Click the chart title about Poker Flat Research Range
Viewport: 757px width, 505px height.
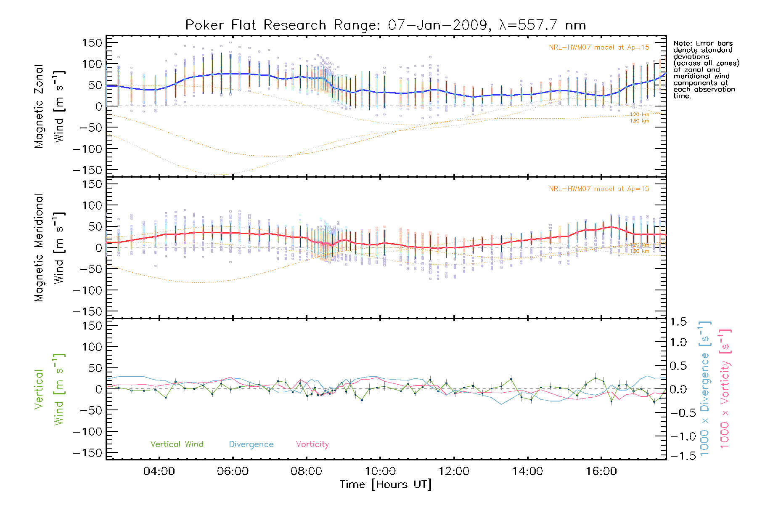tap(386, 25)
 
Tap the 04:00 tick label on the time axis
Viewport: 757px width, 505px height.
tap(159, 471)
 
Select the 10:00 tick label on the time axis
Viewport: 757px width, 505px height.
tap(380, 471)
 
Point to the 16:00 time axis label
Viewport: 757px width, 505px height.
tap(601, 471)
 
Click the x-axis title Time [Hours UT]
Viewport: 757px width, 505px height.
tap(386, 485)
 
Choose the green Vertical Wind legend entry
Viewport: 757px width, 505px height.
tap(177, 444)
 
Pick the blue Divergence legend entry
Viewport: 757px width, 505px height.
tap(251, 444)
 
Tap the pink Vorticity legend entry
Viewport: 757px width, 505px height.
tap(312, 444)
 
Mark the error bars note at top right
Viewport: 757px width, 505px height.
tap(706, 69)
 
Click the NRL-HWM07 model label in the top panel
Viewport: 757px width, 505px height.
tap(599, 48)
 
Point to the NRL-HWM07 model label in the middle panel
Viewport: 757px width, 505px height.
tap(599, 189)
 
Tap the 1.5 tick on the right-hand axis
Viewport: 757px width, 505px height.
tap(678, 322)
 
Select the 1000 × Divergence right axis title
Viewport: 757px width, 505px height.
tap(705, 389)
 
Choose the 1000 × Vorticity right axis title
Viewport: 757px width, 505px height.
tap(725, 389)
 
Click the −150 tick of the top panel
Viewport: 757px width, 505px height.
tap(87, 170)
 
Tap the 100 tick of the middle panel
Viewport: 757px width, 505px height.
tap(92, 206)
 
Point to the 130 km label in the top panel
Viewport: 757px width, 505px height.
tap(639, 121)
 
